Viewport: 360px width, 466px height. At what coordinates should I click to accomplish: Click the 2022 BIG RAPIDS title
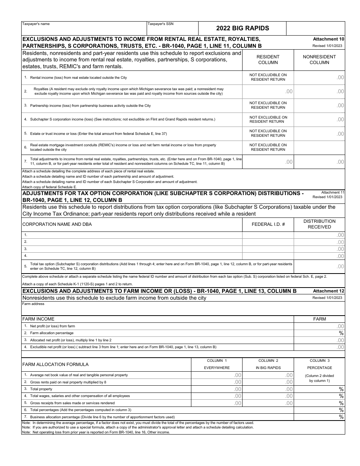click(x=243, y=28)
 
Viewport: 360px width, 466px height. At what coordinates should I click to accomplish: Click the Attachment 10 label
click(x=329, y=39)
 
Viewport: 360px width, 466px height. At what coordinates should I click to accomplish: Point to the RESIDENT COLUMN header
click(x=268, y=60)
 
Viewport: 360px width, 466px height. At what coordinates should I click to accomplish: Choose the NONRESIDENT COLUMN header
click(x=319, y=60)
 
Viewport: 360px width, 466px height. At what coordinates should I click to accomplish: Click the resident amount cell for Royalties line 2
click(x=268, y=91)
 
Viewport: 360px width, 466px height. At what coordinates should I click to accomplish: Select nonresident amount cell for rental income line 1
click(x=319, y=77)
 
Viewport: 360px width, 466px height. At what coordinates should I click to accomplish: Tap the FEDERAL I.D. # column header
click(x=268, y=224)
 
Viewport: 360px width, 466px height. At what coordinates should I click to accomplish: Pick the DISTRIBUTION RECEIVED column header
click(x=319, y=224)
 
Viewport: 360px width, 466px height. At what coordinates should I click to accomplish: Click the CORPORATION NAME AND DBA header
click(x=57, y=224)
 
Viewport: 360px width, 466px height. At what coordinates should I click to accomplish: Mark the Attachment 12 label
click(x=329, y=291)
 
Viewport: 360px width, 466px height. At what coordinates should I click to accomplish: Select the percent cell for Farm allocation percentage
click(x=319, y=333)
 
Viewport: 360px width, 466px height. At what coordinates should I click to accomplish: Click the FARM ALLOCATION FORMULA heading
click(x=55, y=364)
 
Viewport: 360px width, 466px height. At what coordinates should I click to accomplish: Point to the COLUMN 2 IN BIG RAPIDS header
click(x=268, y=364)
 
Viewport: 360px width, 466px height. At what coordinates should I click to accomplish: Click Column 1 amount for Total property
click(x=217, y=389)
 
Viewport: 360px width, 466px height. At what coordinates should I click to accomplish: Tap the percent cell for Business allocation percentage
click(x=319, y=417)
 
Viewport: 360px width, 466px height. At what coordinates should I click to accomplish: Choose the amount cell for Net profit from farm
click(x=319, y=326)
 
